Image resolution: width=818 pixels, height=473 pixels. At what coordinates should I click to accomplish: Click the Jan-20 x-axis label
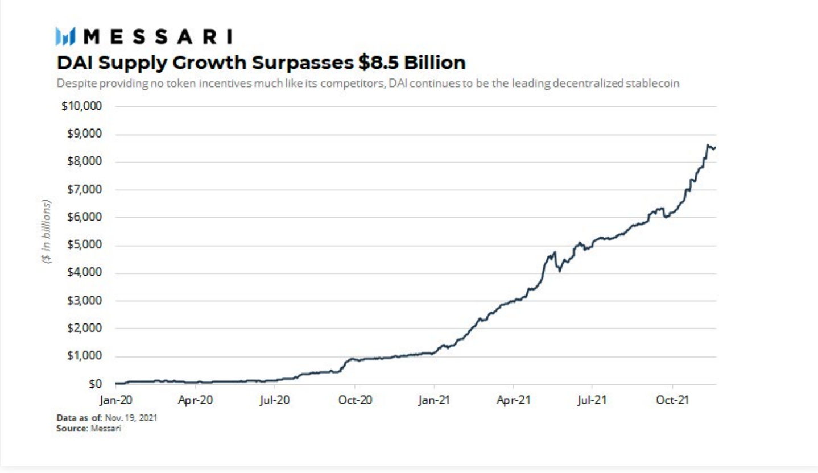pyautogui.click(x=115, y=400)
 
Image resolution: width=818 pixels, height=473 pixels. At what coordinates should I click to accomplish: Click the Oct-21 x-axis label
pyautogui.click(x=672, y=400)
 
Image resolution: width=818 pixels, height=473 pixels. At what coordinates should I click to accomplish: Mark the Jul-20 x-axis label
pyautogui.click(x=275, y=400)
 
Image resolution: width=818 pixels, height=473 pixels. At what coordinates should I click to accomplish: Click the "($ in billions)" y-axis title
pyautogui.click(x=47, y=231)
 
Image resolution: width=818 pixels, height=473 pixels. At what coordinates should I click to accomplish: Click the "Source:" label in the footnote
pyautogui.click(x=71, y=428)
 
